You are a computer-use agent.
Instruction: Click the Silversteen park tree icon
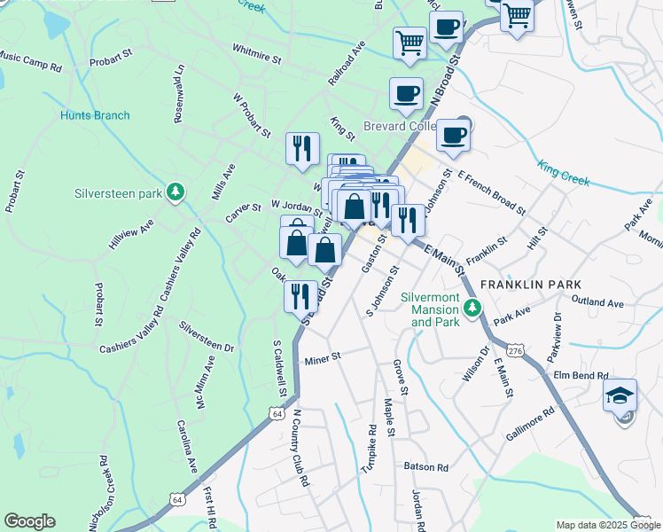176,192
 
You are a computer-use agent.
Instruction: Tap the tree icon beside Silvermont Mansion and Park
473,308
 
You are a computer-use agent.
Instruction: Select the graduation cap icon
620,395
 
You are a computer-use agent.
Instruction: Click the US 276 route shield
515,351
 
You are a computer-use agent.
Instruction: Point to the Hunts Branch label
95,115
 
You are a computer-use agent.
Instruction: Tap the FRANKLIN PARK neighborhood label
530,284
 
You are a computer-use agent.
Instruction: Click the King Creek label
563,171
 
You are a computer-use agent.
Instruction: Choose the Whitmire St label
255,54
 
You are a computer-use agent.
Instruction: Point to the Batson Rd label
426,467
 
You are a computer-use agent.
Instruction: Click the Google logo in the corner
30,520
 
